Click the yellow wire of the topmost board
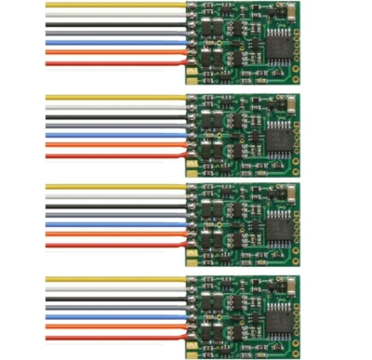pyautogui.click(x=112, y=6)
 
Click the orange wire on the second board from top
pyautogui.click(x=112, y=145)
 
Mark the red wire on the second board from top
pyautogui.click(x=112, y=155)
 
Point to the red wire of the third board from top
pyautogui.click(x=112, y=246)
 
